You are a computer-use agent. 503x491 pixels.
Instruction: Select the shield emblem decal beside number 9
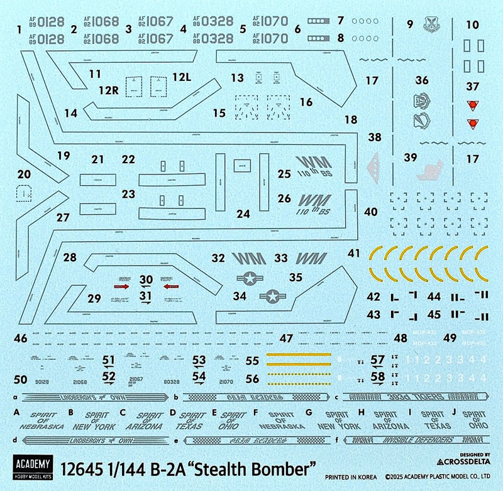[x=439, y=24]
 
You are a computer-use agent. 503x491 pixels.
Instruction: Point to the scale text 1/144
[x=145, y=468]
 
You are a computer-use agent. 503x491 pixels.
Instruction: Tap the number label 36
[x=421, y=80]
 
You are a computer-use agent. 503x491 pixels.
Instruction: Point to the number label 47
[x=287, y=338]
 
